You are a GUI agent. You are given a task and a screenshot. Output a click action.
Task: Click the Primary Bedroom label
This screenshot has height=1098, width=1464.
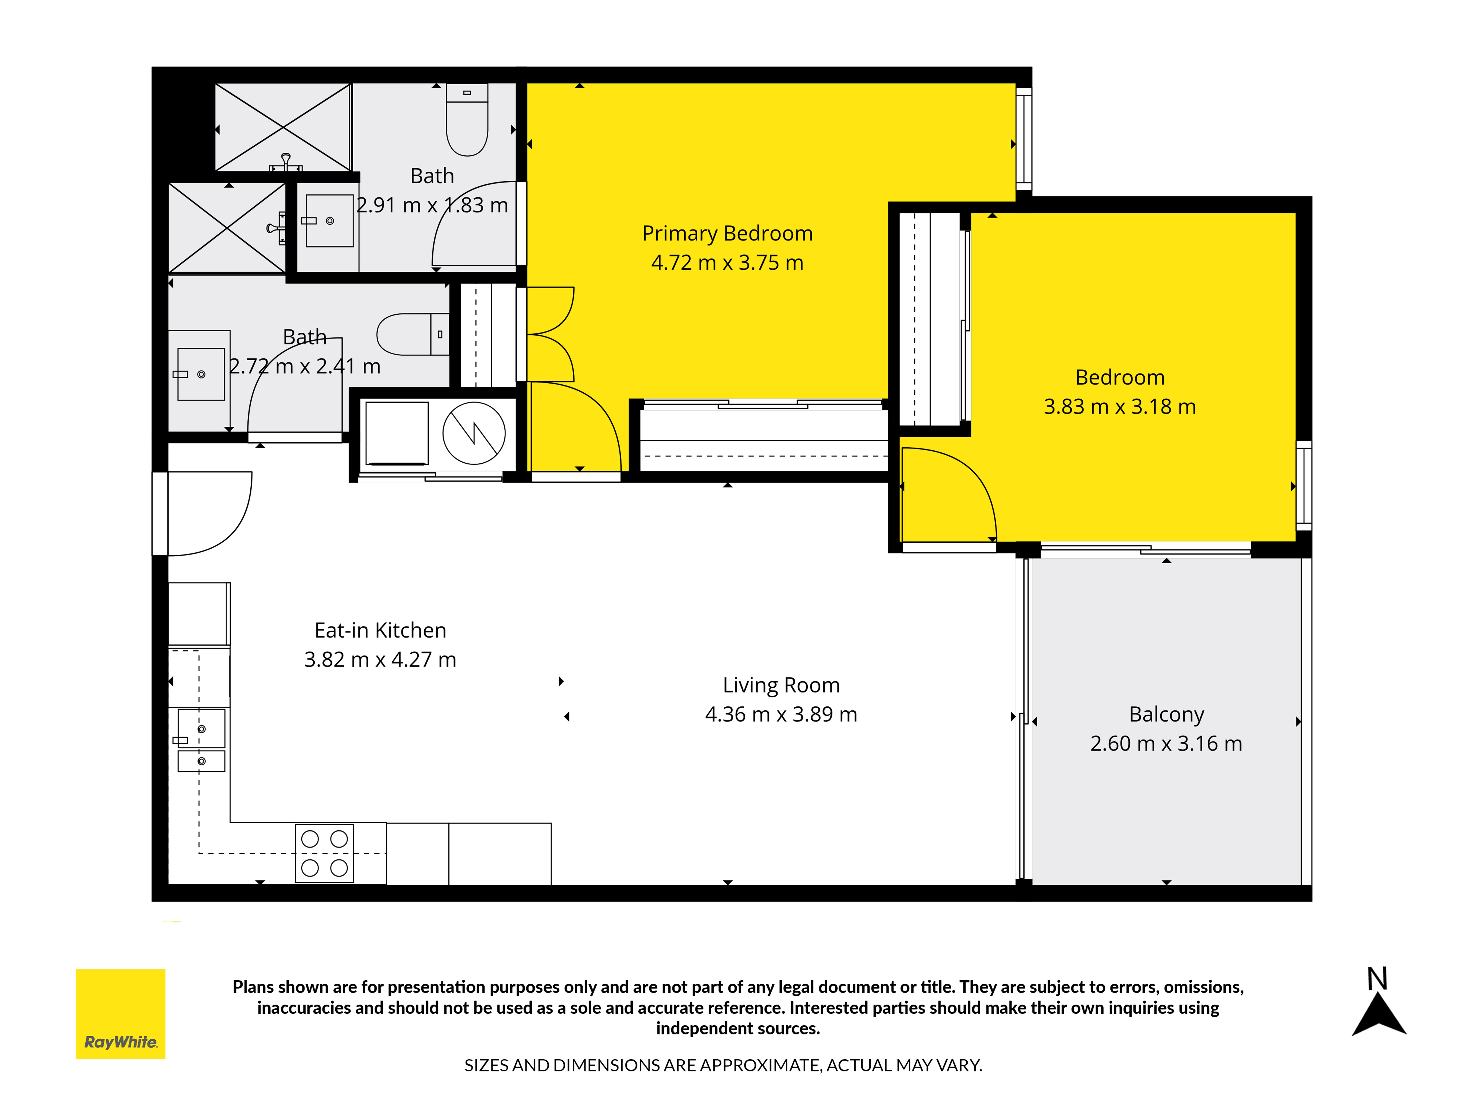pyautogui.click(x=727, y=234)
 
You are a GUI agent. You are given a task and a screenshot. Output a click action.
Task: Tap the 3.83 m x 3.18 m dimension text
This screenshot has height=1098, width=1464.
pyautogui.click(x=1120, y=406)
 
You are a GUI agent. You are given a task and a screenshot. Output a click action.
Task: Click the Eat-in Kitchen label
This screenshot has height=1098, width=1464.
pyautogui.click(x=381, y=630)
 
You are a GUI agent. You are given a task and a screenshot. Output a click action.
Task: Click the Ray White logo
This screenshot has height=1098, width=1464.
pyautogui.click(x=120, y=1014)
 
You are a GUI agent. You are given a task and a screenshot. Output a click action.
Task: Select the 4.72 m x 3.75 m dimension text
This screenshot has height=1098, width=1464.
pyautogui.click(x=727, y=263)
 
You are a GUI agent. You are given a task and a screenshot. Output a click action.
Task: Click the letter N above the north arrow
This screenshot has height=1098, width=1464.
pyautogui.click(x=1377, y=978)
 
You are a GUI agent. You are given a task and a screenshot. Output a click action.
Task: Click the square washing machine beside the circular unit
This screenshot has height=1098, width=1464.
pyautogui.click(x=397, y=434)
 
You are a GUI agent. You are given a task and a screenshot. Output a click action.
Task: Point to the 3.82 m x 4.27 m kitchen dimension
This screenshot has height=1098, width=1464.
pyautogui.click(x=381, y=660)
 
